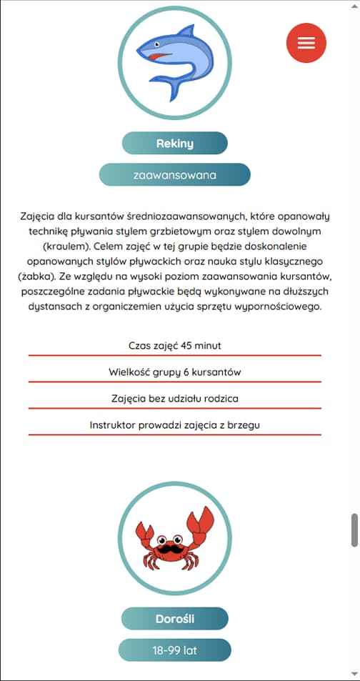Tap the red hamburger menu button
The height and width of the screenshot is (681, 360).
(306, 43)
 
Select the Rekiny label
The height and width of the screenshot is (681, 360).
(174, 143)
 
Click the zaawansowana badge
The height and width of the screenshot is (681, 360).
(174, 174)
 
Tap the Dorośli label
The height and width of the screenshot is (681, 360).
(174, 619)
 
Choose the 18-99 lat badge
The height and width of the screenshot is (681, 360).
(174, 650)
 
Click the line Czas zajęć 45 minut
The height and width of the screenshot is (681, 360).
(174, 345)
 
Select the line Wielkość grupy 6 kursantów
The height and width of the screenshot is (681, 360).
(174, 372)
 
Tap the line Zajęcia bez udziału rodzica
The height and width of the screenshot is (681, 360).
(174, 398)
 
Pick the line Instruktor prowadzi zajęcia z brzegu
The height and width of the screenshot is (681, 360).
(174, 424)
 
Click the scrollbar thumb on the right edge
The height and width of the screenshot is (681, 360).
(354, 530)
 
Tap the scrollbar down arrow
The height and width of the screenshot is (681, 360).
(354, 674)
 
